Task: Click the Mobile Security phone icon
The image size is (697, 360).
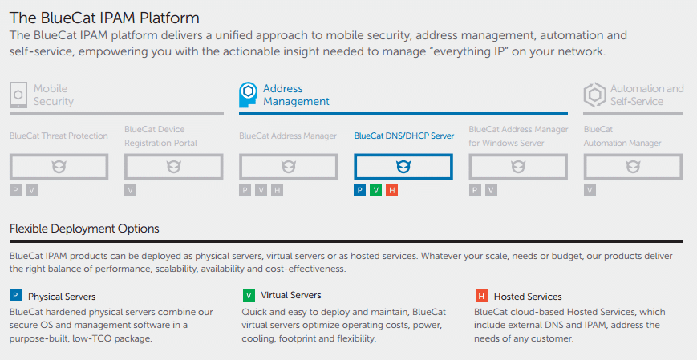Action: [x=18, y=95]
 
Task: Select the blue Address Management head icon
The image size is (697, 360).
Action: [x=248, y=95]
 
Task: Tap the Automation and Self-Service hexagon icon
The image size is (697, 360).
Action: [x=595, y=95]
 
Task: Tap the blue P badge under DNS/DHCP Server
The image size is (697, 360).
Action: [x=359, y=190]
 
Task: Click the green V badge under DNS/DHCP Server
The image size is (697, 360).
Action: [x=375, y=190]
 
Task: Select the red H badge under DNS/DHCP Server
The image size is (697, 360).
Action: [x=391, y=190]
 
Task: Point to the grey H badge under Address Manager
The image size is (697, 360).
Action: [x=277, y=190]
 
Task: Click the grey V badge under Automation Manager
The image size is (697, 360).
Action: [x=590, y=190]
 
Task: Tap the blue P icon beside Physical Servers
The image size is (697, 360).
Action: [x=15, y=295]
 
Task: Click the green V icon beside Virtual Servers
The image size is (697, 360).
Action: [x=249, y=295]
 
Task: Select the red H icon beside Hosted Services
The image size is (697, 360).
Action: [x=481, y=296]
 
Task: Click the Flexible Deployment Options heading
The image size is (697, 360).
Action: [x=84, y=229]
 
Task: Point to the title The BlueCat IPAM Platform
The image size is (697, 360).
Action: [x=104, y=18]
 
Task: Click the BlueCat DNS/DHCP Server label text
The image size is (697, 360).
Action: [x=404, y=136]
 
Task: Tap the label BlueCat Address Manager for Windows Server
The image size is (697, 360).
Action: [x=518, y=136]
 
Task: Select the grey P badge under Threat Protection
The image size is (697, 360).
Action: [x=15, y=190]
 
